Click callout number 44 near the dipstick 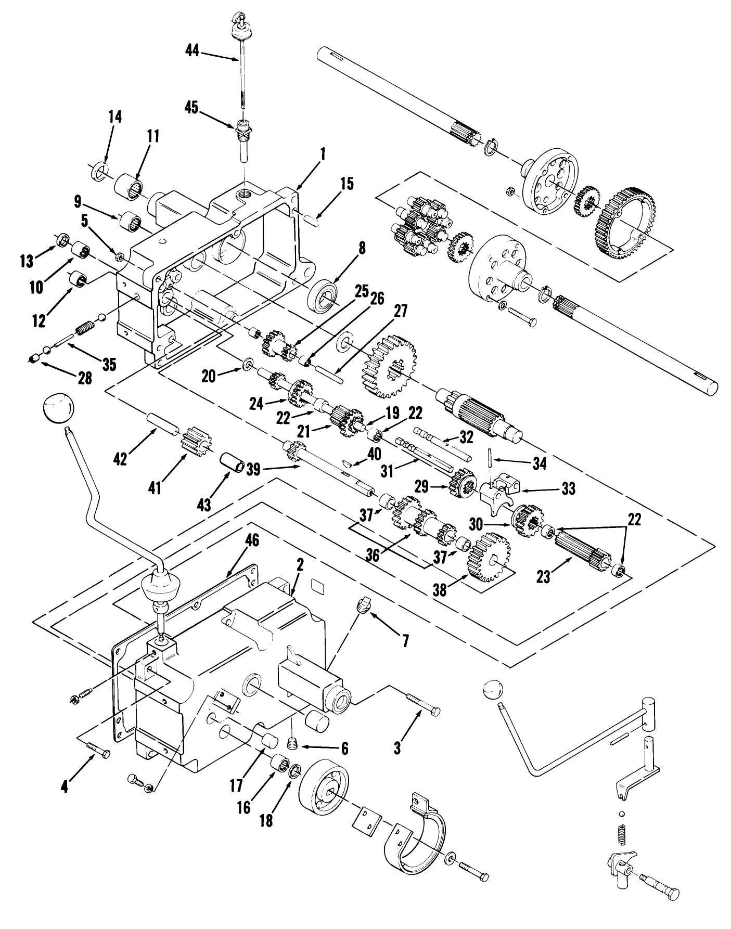pos(193,51)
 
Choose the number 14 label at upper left pos(115,117)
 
